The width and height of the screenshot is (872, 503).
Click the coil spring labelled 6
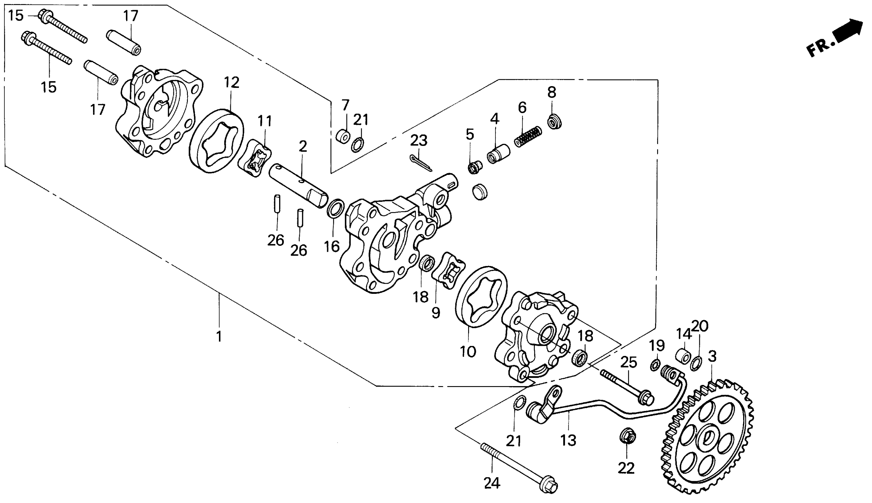[528, 136]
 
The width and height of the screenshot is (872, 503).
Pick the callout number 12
[231, 83]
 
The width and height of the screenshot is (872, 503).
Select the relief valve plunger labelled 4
[498, 154]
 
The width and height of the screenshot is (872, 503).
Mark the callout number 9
[436, 313]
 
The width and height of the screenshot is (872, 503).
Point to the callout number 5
[469, 134]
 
